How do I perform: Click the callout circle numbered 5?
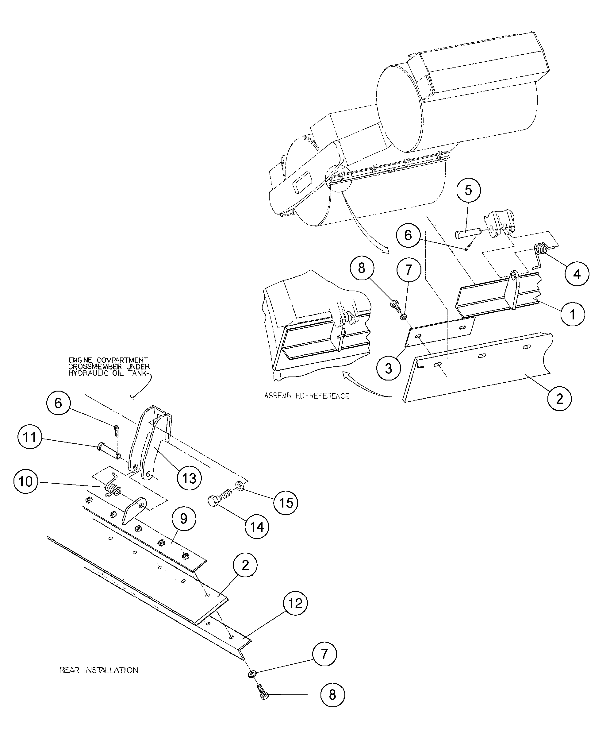(468, 190)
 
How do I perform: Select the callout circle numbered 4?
(577, 274)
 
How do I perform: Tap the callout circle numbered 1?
(572, 314)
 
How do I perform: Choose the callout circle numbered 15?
(286, 503)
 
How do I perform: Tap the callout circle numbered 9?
(184, 518)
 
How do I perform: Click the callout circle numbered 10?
(25, 481)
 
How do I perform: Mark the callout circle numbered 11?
(30, 437)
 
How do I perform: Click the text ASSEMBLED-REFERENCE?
(306, 396)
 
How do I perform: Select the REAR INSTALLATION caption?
(98, 670)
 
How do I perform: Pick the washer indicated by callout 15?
(240, 485)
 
